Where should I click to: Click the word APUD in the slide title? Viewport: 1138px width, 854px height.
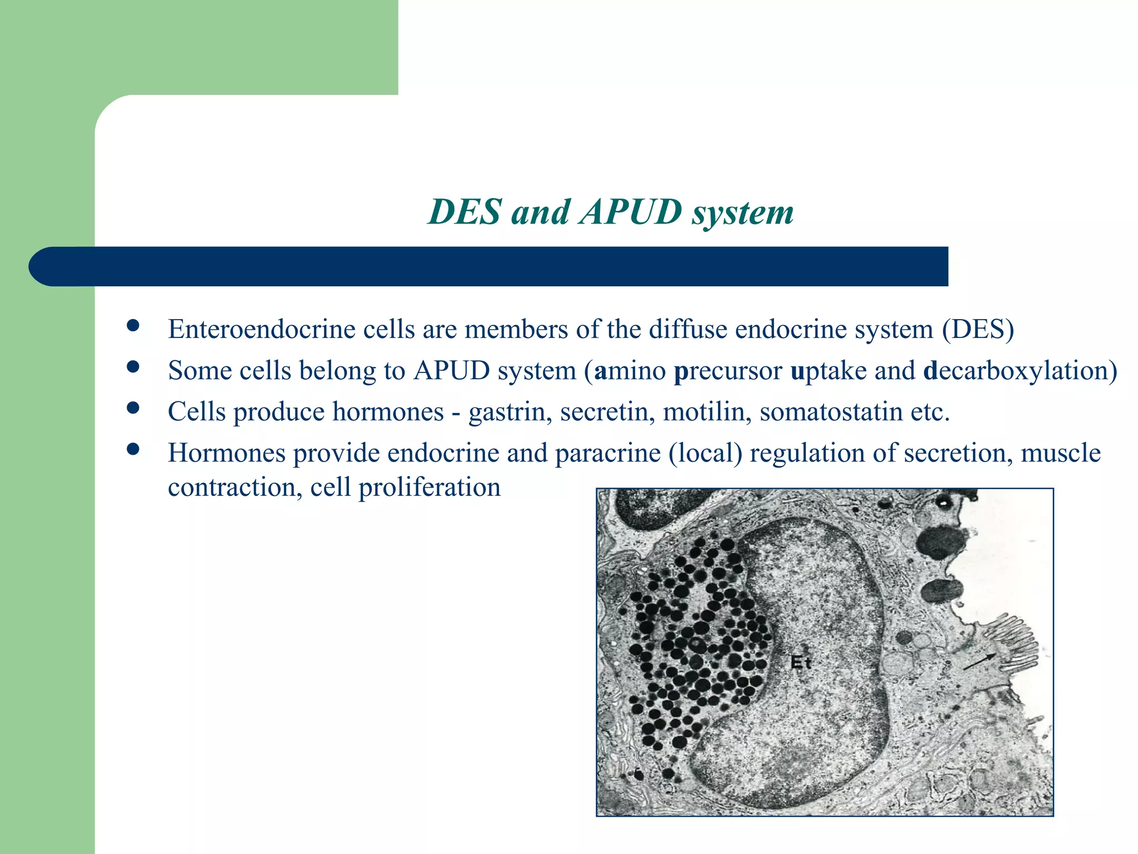pyautogui.click(x=630, y=212)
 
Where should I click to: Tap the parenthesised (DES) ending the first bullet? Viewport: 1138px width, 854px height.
pyautogui.click(x=978, y=329)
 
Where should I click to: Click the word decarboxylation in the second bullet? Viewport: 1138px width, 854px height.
pyautogui.click(x=1020, y=370)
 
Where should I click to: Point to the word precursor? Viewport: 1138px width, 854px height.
pyautogui.click(x=728, y=370)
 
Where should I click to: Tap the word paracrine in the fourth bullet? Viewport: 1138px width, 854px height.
pyautogui.click(x=608, y=453)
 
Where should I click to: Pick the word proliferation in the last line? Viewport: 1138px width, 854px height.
pyautogui.click(x=430, y=488)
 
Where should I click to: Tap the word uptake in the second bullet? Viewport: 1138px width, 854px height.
pyautogui.click(x=828, y=370)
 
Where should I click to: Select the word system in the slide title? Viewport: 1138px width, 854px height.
pyautogui.click(x=742, y=212)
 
